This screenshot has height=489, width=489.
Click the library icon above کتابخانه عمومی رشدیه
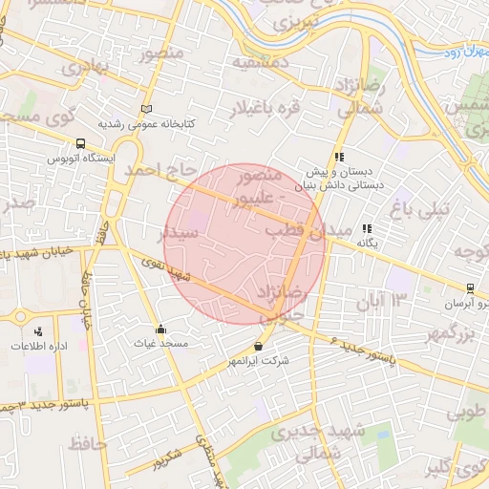(146, 109)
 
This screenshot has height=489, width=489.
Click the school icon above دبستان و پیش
(338, 158)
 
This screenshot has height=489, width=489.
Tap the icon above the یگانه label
(368, 229)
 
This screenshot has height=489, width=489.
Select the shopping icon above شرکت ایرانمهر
(259, 347)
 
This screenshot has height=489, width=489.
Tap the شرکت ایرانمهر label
(259, 362)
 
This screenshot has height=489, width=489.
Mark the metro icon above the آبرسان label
(470, 288)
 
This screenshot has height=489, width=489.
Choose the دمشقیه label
(260, 64)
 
